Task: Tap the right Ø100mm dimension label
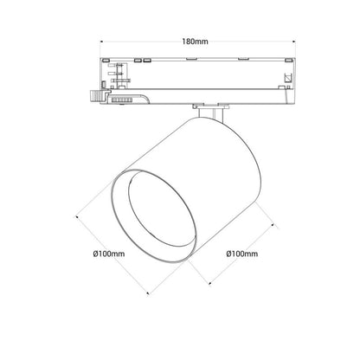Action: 242,254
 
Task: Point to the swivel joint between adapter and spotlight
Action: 209,110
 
